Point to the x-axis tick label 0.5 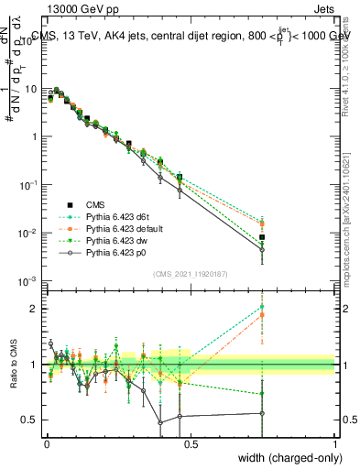coord(191,443)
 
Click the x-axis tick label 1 coord(334,443)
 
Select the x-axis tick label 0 coord(47,443)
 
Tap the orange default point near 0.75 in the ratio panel coord(263,314)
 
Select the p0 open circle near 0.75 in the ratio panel coord(263,413)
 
